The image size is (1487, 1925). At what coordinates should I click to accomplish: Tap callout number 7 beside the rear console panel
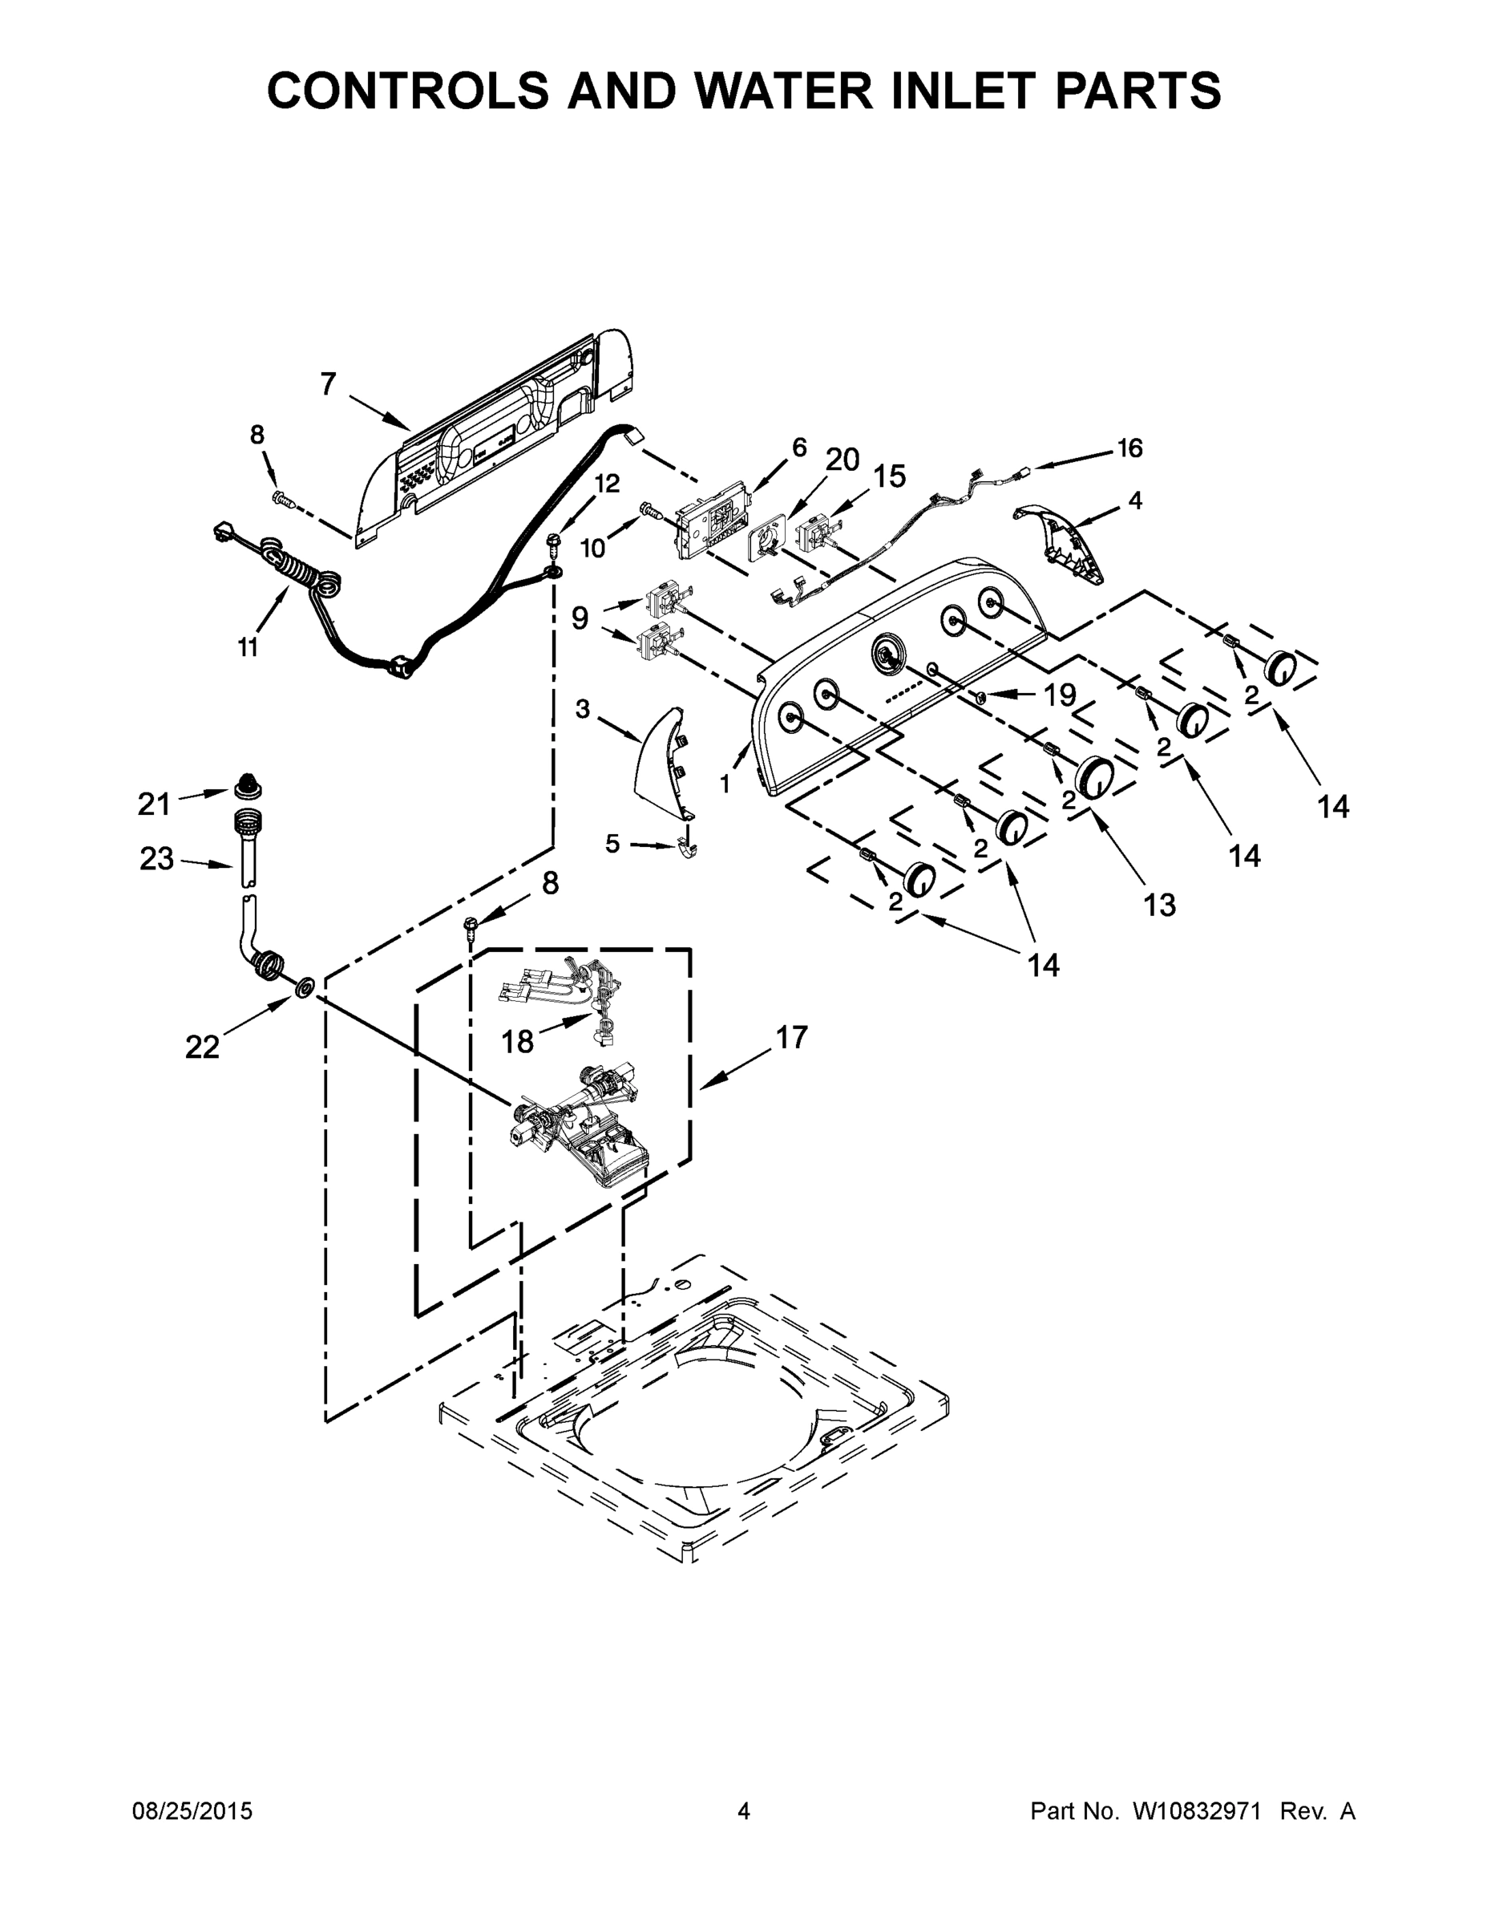pyautogui.click(x=328, y=384)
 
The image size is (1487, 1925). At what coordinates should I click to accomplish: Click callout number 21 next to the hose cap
pyautogui.click(x=154, y=803)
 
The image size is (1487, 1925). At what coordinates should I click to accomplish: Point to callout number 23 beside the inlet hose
pyautogui.click(x=157, y=858)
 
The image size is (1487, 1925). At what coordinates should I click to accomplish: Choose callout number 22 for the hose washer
pyautogui.click(x=202, y=1046)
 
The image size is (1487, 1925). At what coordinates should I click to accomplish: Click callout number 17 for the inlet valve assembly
pyautogui.click(x=792, y=1037)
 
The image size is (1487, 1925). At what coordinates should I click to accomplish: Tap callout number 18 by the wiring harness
pyautogui.click(x=517, y=1042)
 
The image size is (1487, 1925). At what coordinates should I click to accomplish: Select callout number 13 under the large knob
pyautogui.click(x=1159, y=904)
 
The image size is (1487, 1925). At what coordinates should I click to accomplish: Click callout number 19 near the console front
pyautogui.click(x=1060, y=695)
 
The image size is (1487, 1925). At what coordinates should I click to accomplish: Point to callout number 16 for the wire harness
pyautogui.click(x=1129, y=448)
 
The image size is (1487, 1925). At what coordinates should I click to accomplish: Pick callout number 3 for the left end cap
pyautogui.click(x=582, y=709)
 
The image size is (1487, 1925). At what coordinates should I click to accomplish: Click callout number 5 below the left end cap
pyautogui.click(x=612, y=844)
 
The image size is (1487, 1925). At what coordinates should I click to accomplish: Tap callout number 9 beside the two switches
pyautogui.click(x=580, y=618)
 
